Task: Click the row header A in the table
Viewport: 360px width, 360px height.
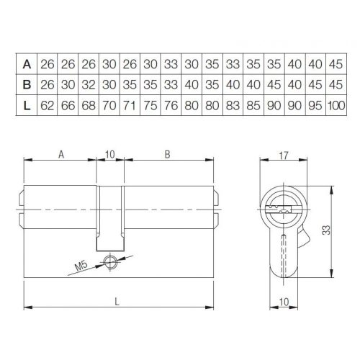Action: coord(27,64)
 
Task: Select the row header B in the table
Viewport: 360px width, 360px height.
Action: coord(27,85)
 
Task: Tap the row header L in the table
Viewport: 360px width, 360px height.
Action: coord(27,106)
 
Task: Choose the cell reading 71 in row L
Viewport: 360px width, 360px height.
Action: coord(130,106)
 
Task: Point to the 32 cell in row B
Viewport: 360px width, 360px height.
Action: coord(90,85)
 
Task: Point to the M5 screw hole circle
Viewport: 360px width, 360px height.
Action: coord(109,262)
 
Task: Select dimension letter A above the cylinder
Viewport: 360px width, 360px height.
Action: coord(61,153)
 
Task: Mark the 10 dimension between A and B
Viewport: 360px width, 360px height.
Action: coord(109,153)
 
